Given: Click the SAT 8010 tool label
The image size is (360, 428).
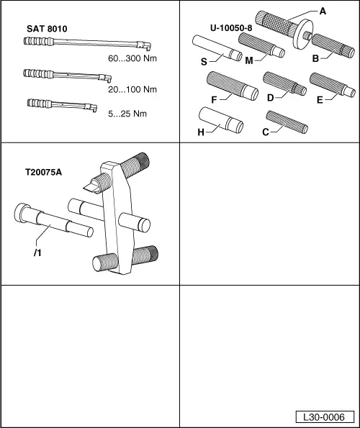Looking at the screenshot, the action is [x=47, y=29].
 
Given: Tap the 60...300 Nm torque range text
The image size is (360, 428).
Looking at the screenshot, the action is [x=132, y=58].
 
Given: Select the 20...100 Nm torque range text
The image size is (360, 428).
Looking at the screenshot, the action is [x=132, y=89].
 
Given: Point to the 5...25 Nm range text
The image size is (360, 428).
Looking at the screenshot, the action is [x=127, y=114].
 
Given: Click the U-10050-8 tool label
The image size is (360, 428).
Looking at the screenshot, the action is [x=231, y=28].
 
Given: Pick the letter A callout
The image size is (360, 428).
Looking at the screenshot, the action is [x=323, y=12].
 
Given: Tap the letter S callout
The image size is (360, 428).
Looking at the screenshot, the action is [x=204, y=62].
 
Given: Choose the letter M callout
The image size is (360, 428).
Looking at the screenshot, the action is [x=249, y=60].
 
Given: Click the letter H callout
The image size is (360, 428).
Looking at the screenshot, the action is [x=201, y=132].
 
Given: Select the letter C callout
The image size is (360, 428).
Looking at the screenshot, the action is [x=266, y=132].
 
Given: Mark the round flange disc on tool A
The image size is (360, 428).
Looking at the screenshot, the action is [x=303, y=34].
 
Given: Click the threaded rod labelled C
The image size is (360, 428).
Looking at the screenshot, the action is [x=287, y=122].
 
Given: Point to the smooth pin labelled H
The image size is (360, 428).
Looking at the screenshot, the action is [x=221, y=120].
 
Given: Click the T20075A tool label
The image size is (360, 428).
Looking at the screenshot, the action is [x=43, y=172].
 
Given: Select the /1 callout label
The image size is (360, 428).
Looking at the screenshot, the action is [x=37, y=253].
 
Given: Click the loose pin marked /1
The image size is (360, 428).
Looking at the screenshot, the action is [x=53, y=220].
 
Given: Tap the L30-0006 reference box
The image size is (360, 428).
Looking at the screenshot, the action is [x=325, y=417].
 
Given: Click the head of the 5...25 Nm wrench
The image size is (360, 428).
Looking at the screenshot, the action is [x=91, y=108].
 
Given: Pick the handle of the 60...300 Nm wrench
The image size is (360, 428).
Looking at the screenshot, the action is [x=38, y=42].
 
